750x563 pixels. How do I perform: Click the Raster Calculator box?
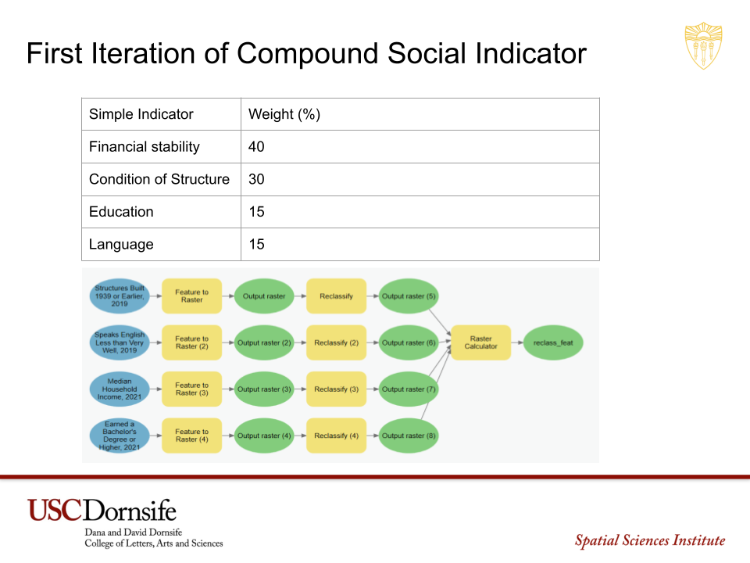pyautogui.click(x=480, y=342)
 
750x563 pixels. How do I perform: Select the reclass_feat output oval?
pyautogui.click(x=553, y=342)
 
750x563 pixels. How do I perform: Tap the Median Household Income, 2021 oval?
pyautogui.click(x=119, y=389)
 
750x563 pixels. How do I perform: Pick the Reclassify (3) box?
pyautogui.click(x=336, y=389)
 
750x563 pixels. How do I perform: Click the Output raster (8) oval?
pyautogui.click(x=409, y=436)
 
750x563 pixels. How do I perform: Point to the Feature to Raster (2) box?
pyautogui.click(x=192, y=342)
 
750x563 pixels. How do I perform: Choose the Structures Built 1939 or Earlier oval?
pyautogui.click(x=119, y=296)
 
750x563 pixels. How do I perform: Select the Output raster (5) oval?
pyautogui.click(x=409, y=296)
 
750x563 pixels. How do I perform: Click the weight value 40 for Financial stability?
pyautogui.click(x=256, y=146)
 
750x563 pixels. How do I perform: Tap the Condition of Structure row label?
pyautogui.click(x=159, y=179)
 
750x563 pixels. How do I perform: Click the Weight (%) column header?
pyautogui.click(x=284, y=114)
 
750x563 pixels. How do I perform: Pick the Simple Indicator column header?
pyautogui.click(x=141, y=114)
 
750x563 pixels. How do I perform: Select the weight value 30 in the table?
pyautogui.click(x=256, y=179)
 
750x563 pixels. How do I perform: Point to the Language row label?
pyautogui.click(x=121, y=244)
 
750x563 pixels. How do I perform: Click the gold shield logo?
pyautogui.click(x=703, y=45)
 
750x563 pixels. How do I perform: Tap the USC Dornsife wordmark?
pyautogui.click(x=102, y=511)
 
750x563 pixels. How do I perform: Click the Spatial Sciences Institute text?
pyautogui.click(x=650, y=540)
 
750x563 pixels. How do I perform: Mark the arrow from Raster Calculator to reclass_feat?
pyautogui.click(x=517, y=342)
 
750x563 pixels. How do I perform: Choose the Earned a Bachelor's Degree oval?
pyautogui.click(x=119, y=436)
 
